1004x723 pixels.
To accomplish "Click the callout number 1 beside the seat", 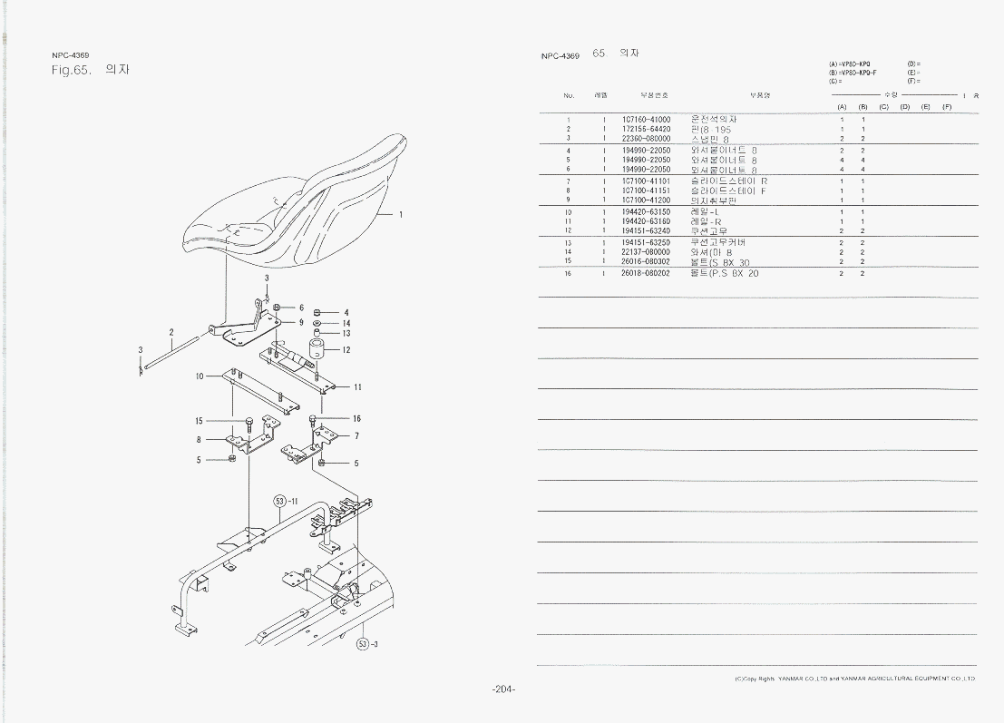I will (x=401, y=215).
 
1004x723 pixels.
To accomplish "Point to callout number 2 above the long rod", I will (x=171, y=332).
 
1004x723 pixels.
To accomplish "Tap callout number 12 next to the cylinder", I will (x=346, y=349).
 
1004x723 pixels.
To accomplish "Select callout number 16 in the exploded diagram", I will (x=356, y=419).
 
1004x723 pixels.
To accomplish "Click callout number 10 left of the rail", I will (x=200, y=376).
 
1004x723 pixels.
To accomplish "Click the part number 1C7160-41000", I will (x=646, y=120).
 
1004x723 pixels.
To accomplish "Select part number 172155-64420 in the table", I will (x=646, y=130).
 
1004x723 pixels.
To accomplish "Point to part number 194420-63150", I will (x=646, y=211).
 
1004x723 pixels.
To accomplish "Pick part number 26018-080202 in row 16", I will (x=646, y=272).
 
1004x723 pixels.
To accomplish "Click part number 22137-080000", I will (x=646, y=252).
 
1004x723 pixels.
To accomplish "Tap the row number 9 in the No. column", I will (x=569, y=200).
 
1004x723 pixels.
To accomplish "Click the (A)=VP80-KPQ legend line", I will (x=850, y=64).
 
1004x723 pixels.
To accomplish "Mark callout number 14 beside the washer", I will (x=346, y=323).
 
